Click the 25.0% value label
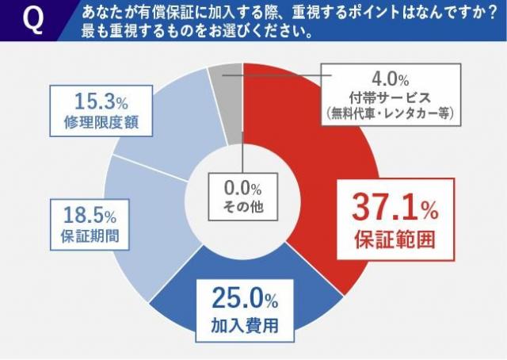coord(244,298)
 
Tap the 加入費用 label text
coord(244,324)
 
